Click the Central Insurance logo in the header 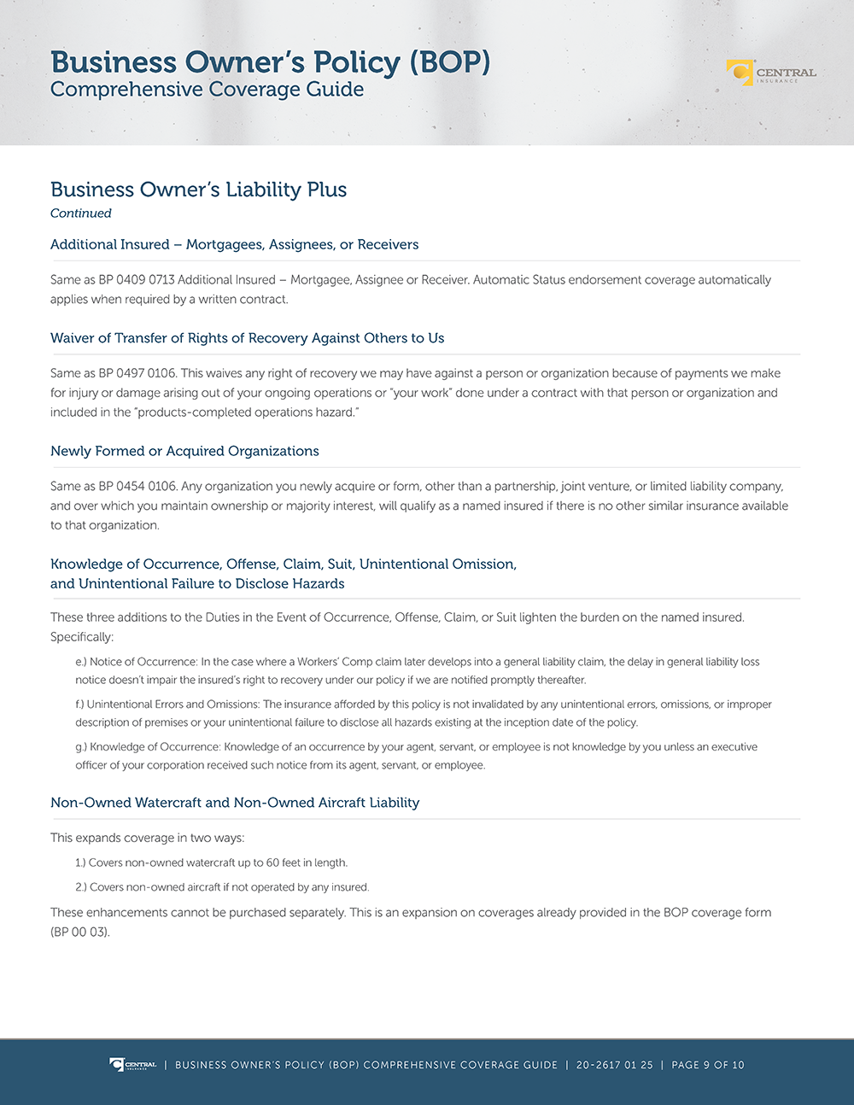(770, 73)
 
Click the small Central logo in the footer (132, 1065)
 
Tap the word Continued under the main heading (81, 213)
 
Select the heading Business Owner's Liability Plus (198, 190)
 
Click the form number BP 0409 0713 (136, 280)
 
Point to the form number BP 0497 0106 (136, 373)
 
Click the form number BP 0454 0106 (136, 486)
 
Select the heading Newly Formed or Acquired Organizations (184, 451)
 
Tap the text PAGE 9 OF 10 (707, 1065)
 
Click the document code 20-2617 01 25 (614, 1065)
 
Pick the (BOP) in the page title (449, 62)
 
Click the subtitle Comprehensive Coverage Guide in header (207, 90)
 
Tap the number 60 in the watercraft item (272, 862)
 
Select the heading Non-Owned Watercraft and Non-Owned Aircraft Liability (235, 803)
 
